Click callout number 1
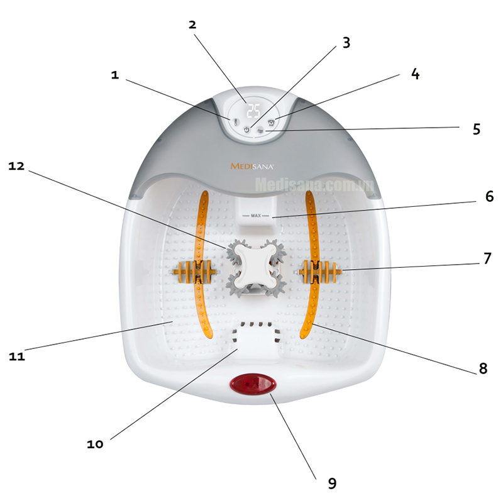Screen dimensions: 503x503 click(x=114, y=75)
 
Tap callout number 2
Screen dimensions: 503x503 click(x=192, y=25)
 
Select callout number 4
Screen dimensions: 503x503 click(x=414, y=74)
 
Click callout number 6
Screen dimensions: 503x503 click(x=489, y=196)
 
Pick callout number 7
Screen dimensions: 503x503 click(x=487, y=258)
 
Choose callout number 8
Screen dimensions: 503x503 click(x=482, y=368)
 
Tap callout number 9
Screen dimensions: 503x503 click(x=332, y=483)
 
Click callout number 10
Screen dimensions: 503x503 click(x=95, y=444)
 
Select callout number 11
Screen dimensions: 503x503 click(x=17, y=357)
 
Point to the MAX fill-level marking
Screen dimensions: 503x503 click(x=255, y=215)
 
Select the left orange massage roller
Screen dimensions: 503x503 click(x=196, y=272)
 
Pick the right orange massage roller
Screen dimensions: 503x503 click(x=321, y=272)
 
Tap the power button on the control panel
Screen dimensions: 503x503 click(x=246, y=130)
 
